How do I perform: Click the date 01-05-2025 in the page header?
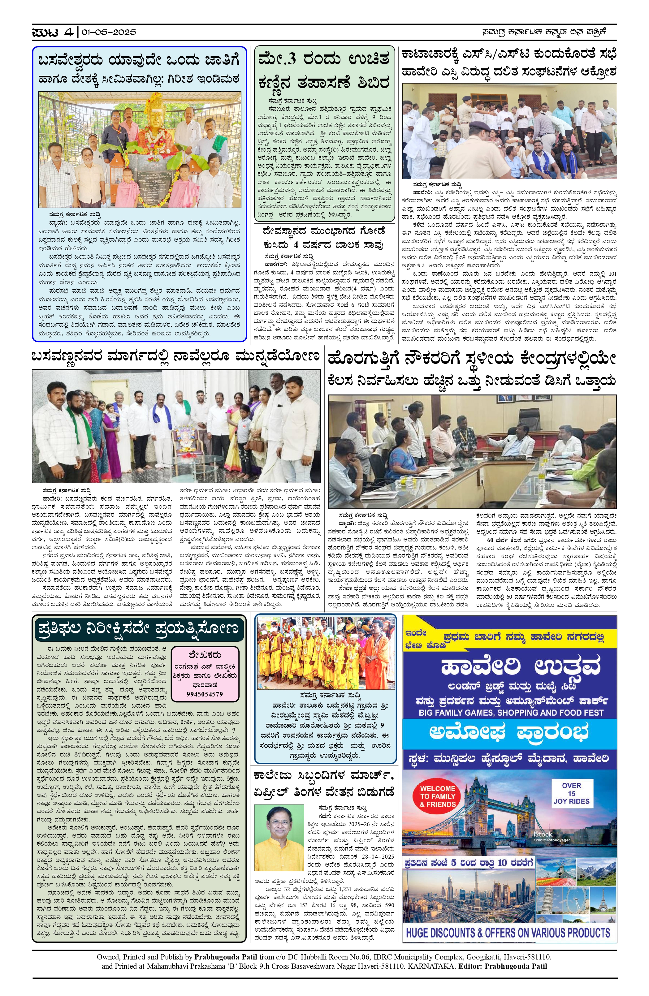click(109, 32)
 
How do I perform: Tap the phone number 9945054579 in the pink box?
click(205, 693)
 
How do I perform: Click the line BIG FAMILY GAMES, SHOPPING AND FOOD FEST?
click(511, 712)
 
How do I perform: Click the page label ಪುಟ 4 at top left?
click(53, 32)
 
